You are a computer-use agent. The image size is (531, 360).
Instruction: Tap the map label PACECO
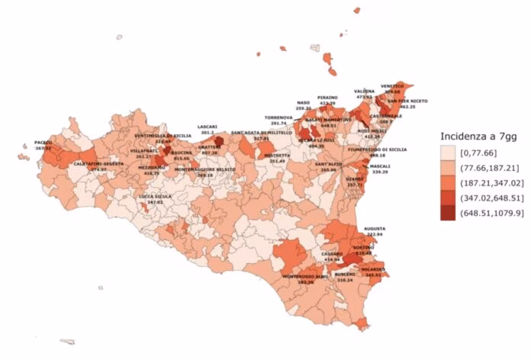pyautogui.click(x=43, y=142)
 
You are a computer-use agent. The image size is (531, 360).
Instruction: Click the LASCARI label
pyautogui.click(x=208, y=126)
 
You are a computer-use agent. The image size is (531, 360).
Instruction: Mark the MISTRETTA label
pyautogui.click(x=277, y=155)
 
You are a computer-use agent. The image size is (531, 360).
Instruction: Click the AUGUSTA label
pyautogui.click(x=375, y=228)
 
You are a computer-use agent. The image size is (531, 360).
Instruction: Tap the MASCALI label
pyautogui.click(x=380, y=166)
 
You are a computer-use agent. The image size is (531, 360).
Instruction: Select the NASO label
pyautogui.click(x=304, y=102)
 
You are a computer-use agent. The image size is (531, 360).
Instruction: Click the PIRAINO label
pyautogui.click(x=327, y=98)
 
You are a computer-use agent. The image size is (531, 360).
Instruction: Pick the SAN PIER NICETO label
pyautogui.click(x=407, y=101)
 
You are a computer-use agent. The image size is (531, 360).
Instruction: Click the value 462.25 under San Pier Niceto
pyautogui.click(x=407, y=107)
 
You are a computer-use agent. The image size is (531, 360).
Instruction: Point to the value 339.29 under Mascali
pyautogui.click(x=380, y=172)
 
